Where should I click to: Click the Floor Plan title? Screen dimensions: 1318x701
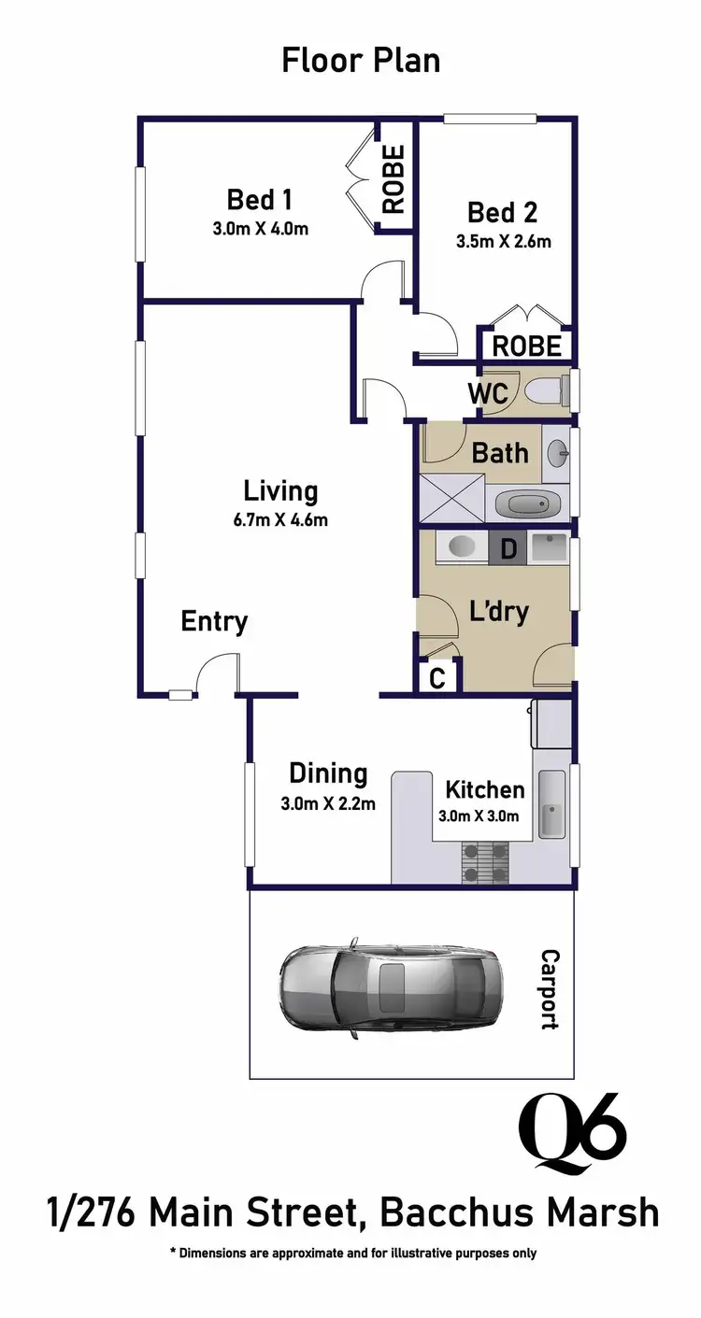(x=361, y=61)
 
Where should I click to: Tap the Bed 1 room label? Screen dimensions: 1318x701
(x=260, y=200)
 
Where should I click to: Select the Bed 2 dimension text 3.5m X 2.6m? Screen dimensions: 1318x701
(x=503, y=241)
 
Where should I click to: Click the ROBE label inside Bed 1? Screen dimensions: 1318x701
(x=393, y=179)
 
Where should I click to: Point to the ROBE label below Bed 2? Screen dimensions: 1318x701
(x=527, y=346)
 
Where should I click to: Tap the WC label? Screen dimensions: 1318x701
(x=489, y=393)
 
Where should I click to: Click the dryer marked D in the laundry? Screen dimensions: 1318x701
(x=508, y=548)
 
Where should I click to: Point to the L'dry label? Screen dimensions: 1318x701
(x=498, y=612)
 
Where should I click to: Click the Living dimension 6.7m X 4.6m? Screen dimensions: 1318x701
(x=280, y=520)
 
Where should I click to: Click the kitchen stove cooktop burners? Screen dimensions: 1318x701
(x=486, y=862)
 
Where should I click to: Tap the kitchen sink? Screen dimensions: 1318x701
(x=551, y=806)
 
